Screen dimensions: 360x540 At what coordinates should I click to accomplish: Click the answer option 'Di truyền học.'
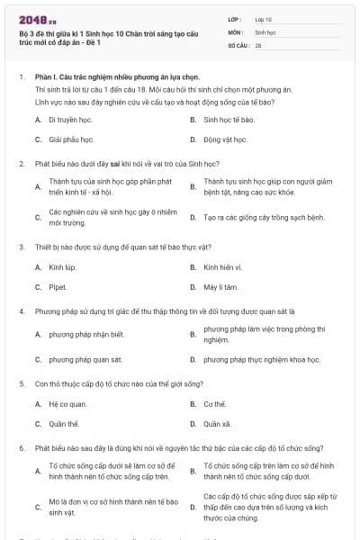click(72, 119)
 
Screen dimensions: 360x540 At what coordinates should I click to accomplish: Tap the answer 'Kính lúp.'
click(63, 267)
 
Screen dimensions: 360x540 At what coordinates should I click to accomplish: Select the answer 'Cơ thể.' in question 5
click(216, 404)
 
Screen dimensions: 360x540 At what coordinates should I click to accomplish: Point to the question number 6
click(21, 446)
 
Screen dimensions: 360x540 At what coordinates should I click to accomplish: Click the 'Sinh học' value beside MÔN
click(265, 31)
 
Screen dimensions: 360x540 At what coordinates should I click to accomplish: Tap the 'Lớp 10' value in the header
click(264, 18)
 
